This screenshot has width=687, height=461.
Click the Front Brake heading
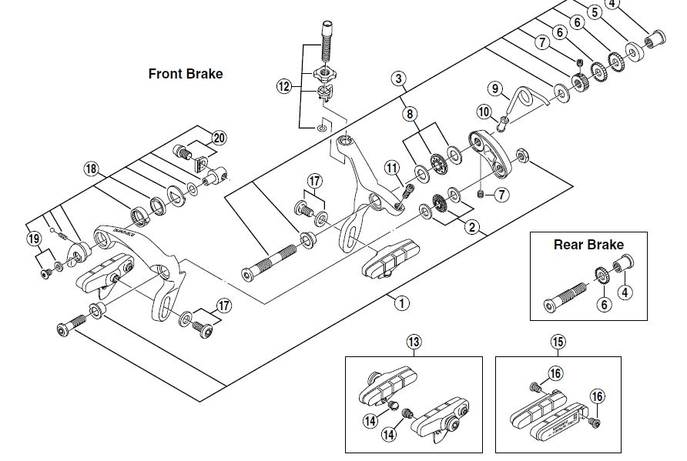pos(185,74)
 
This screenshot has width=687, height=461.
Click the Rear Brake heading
pos(588,245)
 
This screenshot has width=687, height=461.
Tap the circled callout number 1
pos(401,302)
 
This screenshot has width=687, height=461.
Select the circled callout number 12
pos(285,87)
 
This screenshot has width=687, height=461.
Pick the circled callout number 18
pos(92,169)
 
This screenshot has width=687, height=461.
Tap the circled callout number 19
pos(34,239)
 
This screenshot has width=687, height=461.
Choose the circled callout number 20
pos(220,138)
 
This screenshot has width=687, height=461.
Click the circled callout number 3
pos(398,78)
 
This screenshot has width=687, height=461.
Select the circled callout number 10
pos(484,112)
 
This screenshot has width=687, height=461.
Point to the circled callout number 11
pos(392,167)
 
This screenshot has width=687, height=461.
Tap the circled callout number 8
pos(409,113)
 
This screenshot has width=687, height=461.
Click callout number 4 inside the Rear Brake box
pos(625,292)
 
